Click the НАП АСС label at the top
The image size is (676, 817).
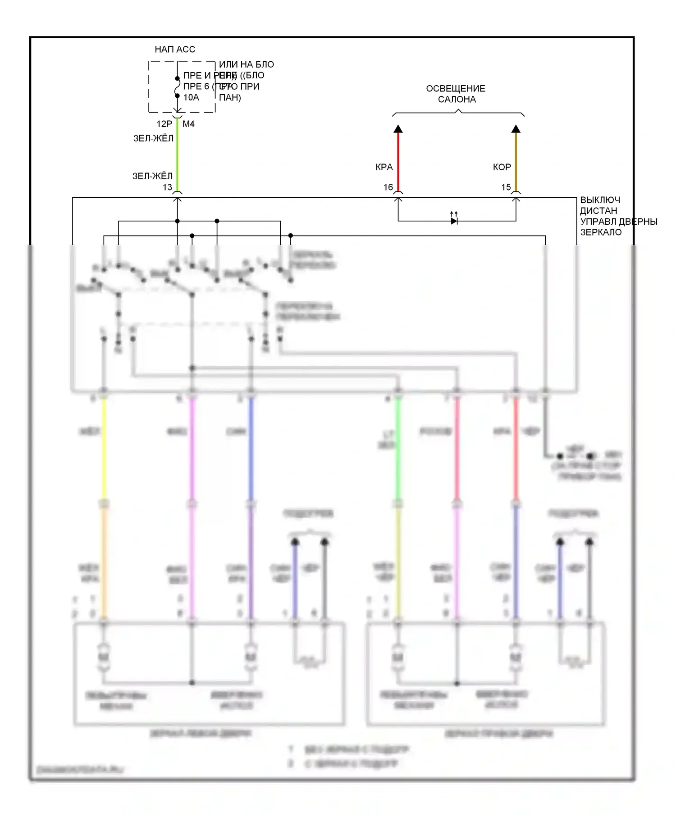pyautogui.click(x=175, y=50)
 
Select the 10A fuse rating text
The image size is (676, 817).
pyautogui.click(x=191, y=97)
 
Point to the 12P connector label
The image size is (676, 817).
pyautogui.click(x=164, y=124)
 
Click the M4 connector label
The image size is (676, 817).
pyautogui.click(x=188, y=124)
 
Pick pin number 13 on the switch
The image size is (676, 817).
pyautogui.click(x=167, y=187)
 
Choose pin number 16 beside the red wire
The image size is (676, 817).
pyautogui.click(x=388, y=187)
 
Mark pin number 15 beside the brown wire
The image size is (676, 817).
pyautogui.click(x=506, y=187)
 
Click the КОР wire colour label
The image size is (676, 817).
pyautogui.click(x=502, y=167)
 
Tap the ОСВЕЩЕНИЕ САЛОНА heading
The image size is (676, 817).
pyautogui.click(x=456, y=94)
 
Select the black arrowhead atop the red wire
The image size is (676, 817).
pyautogui.click(x=398, y=129)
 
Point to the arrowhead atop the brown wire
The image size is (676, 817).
pyautogui.click(x=516, y=129)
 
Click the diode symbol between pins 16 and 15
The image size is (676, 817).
pyautogui.click(x=454, y=221)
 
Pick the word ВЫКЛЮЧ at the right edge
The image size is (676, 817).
pyautogui.click(x=600, y=200)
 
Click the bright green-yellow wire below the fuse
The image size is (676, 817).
pyautogui.click(x=178, y=153)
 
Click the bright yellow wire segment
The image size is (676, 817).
pyautogui.click(x=104, y=450)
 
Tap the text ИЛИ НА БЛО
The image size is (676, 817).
pyautogui.click(x=246, y=64)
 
